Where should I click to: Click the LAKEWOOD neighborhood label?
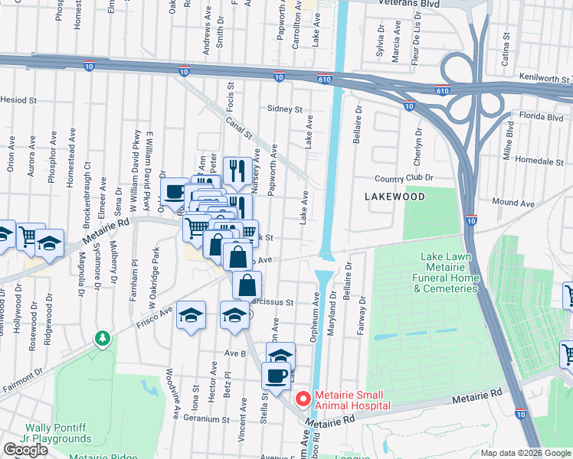click(x=394, y=197)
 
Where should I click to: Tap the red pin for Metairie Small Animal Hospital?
click(x=303, y=399)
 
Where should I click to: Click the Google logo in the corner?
click(x=25, y=450)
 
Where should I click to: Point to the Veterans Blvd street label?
click(x=418, y=3)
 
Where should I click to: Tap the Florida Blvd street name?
click(x=540, y=119)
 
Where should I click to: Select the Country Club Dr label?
click(x=404, y=177)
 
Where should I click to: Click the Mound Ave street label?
click(x=513, y=203)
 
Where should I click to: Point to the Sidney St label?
click(x=284, y=109)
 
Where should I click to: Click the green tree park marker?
click(x=101, y=338)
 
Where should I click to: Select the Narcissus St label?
click(x=277, y=302)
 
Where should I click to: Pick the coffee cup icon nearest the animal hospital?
click(x=276, y=376)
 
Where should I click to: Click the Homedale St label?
click(x=534, y=161)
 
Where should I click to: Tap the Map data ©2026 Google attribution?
click(x=526, y=453)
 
